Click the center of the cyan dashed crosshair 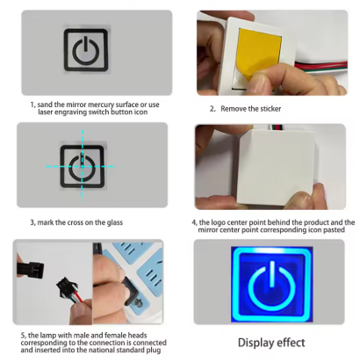click(x=83, y=167)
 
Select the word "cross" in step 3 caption click(x=77, y=222)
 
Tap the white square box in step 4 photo click(x=277, y=168)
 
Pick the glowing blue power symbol click(x=272, y=286)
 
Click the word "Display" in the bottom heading click(x=256, y=343)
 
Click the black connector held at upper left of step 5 click(x=31, y=269)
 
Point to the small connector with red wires click(x=67, y=286)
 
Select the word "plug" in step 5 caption click(x=154, y=351)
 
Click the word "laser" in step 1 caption click(x=46, y=112)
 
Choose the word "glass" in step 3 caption click(x=115, y=222)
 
